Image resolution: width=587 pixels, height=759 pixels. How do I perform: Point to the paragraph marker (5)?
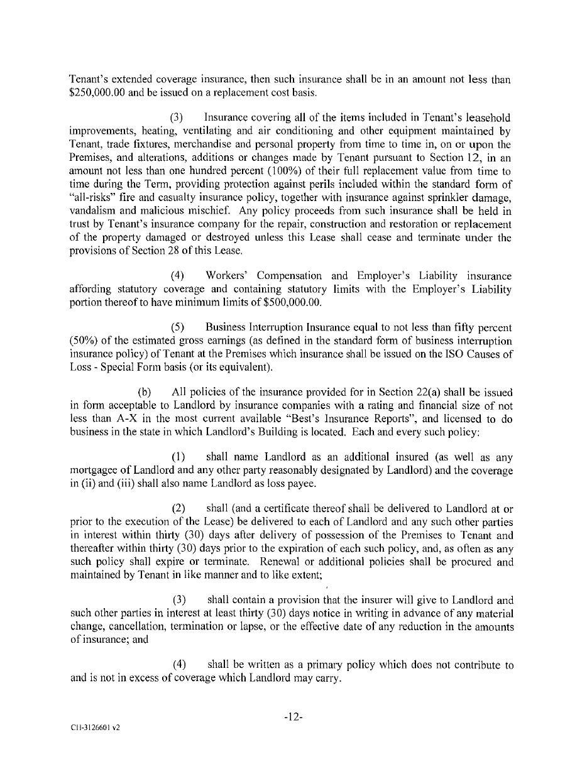pyautogui.click(x=177, y=327)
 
